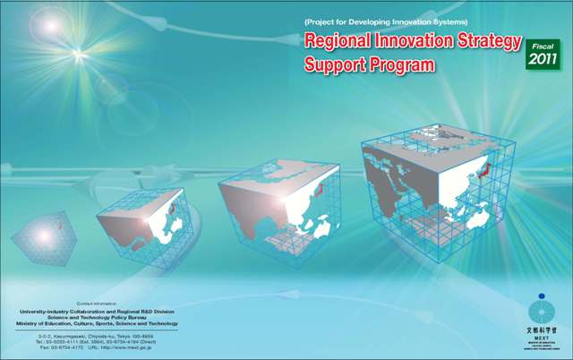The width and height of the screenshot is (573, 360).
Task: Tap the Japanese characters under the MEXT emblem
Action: point(541,330)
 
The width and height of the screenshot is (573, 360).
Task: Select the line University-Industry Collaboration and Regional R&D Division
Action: point(98,311)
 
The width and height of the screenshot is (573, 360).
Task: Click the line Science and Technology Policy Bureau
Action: point(98,316)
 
